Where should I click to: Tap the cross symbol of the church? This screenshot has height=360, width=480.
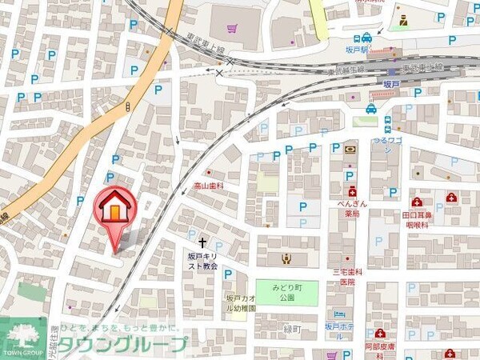(202, 239)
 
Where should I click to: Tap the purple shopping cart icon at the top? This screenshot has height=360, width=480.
(232, 30)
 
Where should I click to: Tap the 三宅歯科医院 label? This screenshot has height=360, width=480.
(348, 277)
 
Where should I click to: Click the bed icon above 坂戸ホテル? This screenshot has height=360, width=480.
(339, 314)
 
